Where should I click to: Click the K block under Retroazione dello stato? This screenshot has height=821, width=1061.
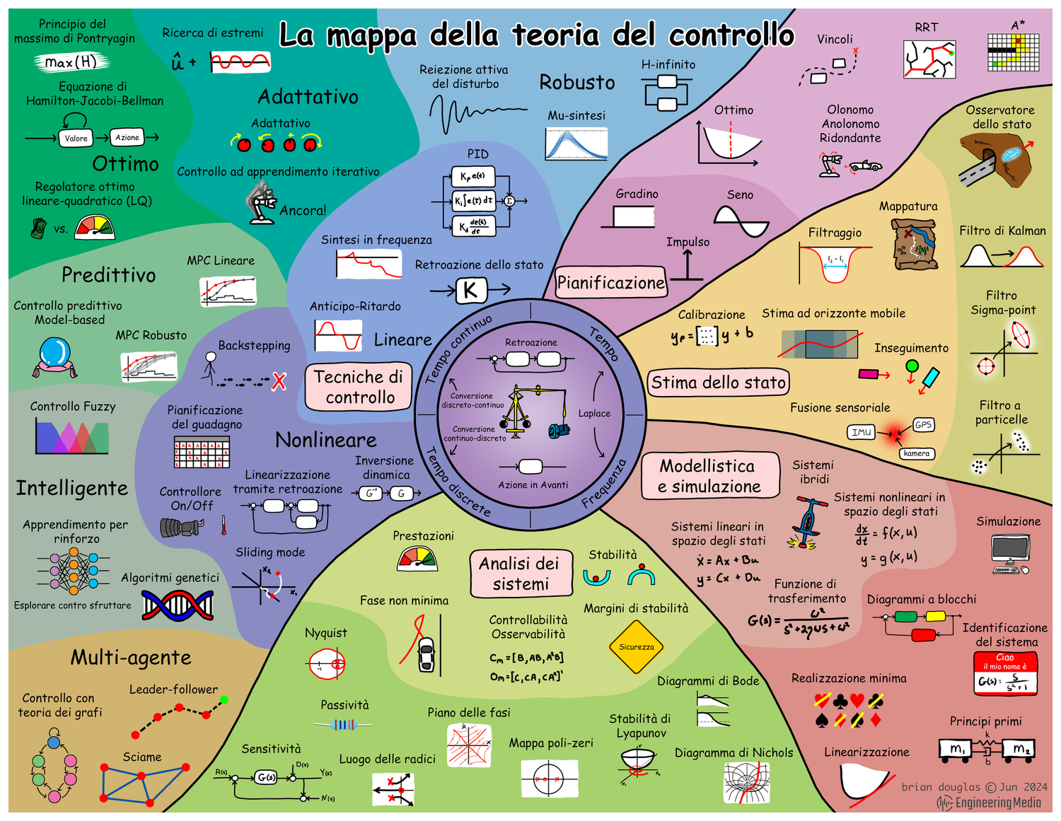470,290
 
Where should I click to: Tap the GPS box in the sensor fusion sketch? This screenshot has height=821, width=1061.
923,425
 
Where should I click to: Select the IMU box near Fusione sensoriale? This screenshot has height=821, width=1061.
862,432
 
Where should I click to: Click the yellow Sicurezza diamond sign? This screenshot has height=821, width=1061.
637,647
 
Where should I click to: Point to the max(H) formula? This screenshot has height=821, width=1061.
71,62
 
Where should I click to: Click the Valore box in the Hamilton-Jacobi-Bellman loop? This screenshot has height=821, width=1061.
76,139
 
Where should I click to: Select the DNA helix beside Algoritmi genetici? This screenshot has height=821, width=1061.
178,605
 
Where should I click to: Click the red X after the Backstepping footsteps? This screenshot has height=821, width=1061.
279,382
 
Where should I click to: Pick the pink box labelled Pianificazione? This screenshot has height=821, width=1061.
611,283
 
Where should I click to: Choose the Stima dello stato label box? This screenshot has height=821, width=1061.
718,383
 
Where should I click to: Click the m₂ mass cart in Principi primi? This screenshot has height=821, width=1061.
1021,749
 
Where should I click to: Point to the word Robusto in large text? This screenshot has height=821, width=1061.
577,83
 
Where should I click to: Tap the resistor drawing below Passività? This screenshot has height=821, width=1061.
343,725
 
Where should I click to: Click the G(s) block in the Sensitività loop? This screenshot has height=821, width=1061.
266,777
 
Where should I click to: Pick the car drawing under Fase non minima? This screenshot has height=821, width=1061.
426,655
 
